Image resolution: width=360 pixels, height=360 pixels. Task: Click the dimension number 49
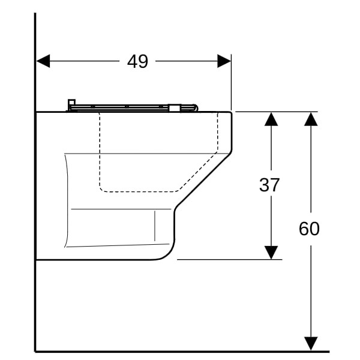click(137, 62)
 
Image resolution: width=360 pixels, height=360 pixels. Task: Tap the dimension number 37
click(269, 185)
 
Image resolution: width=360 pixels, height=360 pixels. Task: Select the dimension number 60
click(309, 229)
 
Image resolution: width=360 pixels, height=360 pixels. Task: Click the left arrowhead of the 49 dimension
click(43, 61)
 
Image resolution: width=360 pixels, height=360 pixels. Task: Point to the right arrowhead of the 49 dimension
click(224, 61)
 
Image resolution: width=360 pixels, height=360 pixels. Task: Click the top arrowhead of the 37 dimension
click(271, 119)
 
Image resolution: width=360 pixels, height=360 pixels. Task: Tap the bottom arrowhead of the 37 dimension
click(271, 253)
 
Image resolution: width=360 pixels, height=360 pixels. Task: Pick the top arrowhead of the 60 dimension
click(311, 119)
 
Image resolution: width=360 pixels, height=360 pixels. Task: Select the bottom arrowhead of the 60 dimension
click(311, 344)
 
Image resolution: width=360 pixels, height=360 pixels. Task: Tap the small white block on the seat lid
click(174, 108)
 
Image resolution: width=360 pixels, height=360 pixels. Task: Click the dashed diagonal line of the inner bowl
click(198, 171)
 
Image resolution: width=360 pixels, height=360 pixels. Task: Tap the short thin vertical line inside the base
click(155, 226)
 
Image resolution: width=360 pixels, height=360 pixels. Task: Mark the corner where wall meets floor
click(35, 351)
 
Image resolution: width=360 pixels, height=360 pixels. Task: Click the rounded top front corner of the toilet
click(230, 113)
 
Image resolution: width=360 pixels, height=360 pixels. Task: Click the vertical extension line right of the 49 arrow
click(231, 83)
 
